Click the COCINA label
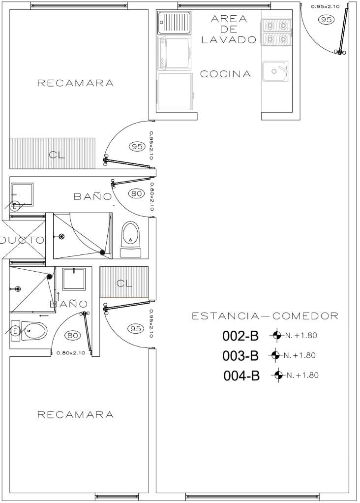coord(225,74)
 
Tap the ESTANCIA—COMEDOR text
coord(265,316)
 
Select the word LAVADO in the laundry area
coord(229,39)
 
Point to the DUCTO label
coord(21,240)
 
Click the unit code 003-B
coord(240,356)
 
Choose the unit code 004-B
coord(241,376)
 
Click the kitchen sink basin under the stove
coord(275,71)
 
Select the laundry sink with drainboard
coord(175,22)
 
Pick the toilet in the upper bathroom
coord(131,239)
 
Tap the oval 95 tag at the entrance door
coord(327,20)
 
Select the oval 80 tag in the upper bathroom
coord(137,193)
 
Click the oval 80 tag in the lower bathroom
coord(73,336)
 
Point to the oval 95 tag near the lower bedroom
coord(136,329)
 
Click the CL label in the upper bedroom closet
coord(57,155)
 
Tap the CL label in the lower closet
coord(124,283)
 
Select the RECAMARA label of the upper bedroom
coord(76,83)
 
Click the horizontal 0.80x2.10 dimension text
coord(70,353)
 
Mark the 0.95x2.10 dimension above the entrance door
coord(325,6)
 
